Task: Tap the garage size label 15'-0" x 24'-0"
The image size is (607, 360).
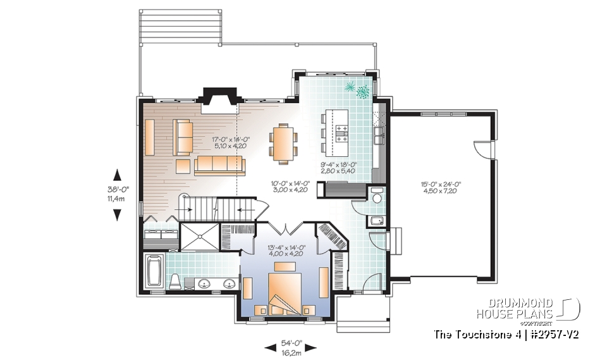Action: point(441,187)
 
